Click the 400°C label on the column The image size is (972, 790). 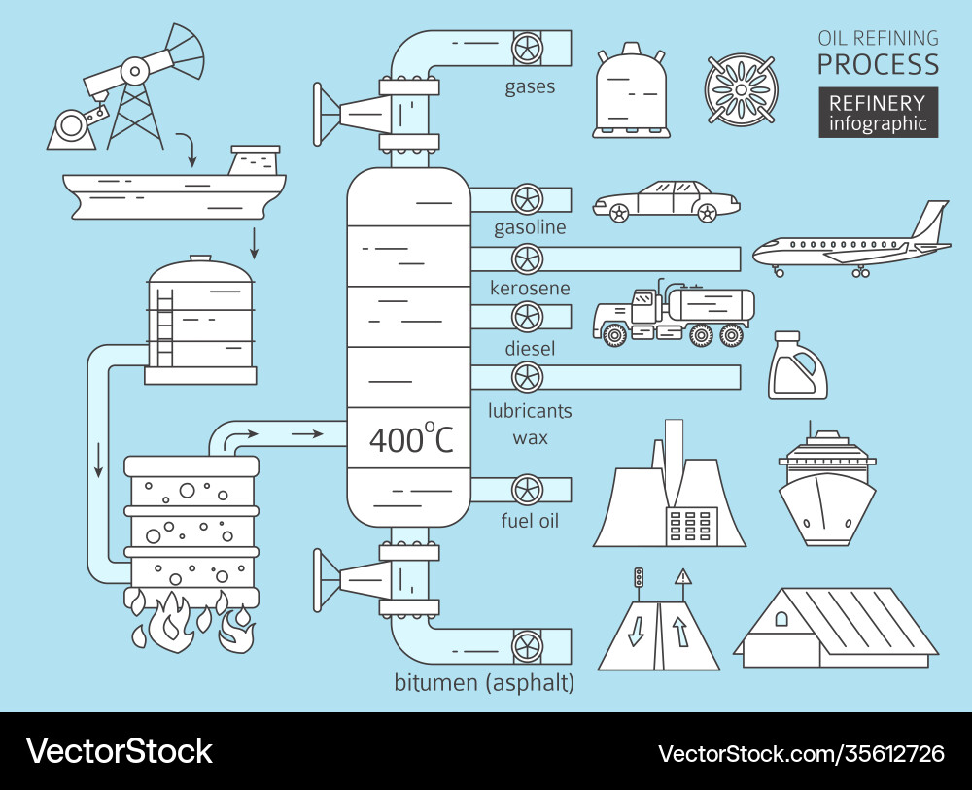click(x=411, y=440)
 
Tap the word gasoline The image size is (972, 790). click(x=530, y=228)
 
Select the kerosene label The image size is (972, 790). click(x=530, y=289)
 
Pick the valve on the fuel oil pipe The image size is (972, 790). click(x=527, y=490)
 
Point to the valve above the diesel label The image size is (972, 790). click(x=527, y=318)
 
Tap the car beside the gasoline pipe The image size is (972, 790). click(x=667, y=201)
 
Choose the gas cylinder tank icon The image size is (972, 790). click(x=633, y=91)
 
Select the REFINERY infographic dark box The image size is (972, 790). click(x=878, y=113)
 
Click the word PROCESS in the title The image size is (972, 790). click(x=878, y=65)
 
